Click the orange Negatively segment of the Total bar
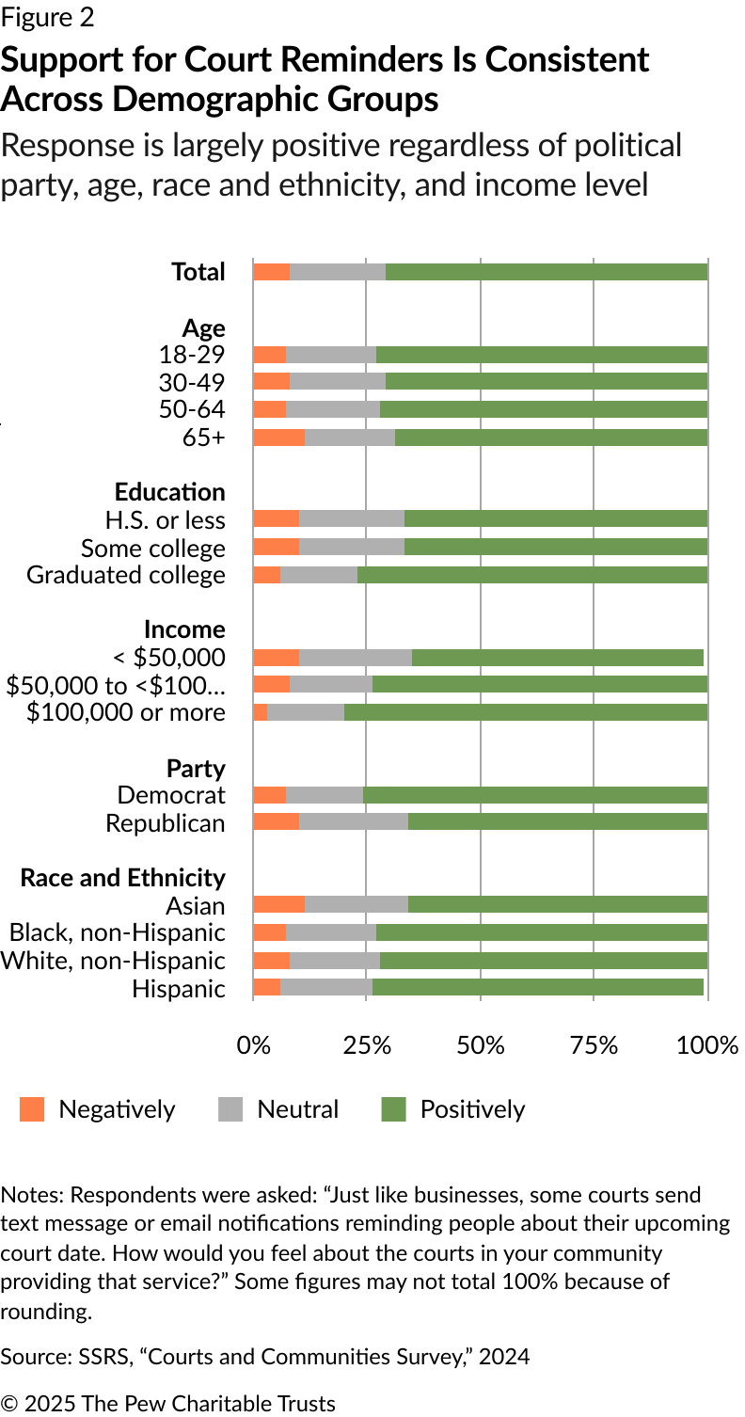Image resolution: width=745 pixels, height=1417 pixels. (271, 272)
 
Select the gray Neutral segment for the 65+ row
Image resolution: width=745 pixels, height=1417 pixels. (350, 438)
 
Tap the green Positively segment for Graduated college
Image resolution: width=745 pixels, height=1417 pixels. (531, 575)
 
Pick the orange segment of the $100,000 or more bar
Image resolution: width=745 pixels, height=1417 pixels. (261, 712)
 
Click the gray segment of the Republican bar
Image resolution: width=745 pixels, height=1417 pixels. (354, 822)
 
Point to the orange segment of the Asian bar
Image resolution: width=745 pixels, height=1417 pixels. (278, 905)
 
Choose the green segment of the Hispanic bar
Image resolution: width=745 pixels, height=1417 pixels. (537, 987)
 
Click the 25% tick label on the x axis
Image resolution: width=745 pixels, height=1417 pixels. (367, 1045)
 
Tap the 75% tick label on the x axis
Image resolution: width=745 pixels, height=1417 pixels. (594, 1045)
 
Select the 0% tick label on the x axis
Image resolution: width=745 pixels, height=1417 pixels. (253, 1045)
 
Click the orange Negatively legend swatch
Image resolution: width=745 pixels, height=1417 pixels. (32, 1109)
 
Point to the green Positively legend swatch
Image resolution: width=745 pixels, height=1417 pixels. (393, 1109)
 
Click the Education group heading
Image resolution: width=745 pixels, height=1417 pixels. (170, 492)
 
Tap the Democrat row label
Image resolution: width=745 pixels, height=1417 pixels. (171, 795)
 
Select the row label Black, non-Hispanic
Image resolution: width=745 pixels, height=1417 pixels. (118, 932)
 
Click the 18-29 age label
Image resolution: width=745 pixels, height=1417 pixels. (192, 355)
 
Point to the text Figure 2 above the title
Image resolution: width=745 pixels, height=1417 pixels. (47, 18)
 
